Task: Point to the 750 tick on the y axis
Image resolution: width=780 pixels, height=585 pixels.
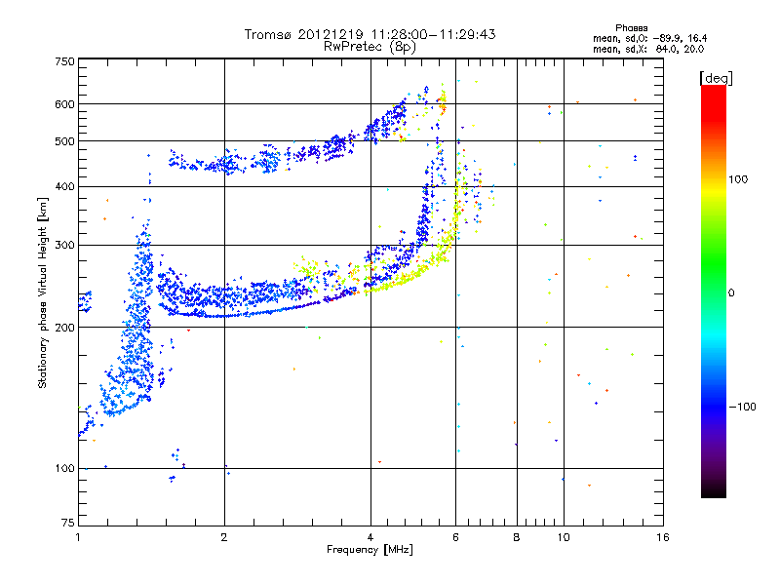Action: coord(64,60)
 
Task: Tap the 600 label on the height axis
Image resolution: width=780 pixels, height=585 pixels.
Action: coord(64,103)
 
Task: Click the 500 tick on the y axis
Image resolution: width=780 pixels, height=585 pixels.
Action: coord(64,140)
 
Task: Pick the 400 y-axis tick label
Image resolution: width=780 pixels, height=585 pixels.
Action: coord(64,186)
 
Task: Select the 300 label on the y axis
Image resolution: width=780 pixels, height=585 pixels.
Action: coord(64,245)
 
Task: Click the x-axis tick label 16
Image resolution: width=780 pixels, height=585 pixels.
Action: coord(662,537)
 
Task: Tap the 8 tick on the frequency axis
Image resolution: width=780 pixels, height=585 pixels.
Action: coord(517,537)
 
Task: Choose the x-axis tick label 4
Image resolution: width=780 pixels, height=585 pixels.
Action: coord(370,537)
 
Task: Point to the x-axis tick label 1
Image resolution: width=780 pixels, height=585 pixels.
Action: coord(78,537)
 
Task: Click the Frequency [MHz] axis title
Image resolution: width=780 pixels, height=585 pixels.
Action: coord(370,551)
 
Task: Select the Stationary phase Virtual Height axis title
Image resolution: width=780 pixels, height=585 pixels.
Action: coord(43,293)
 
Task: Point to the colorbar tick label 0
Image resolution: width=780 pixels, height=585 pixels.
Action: coord(734,292)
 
